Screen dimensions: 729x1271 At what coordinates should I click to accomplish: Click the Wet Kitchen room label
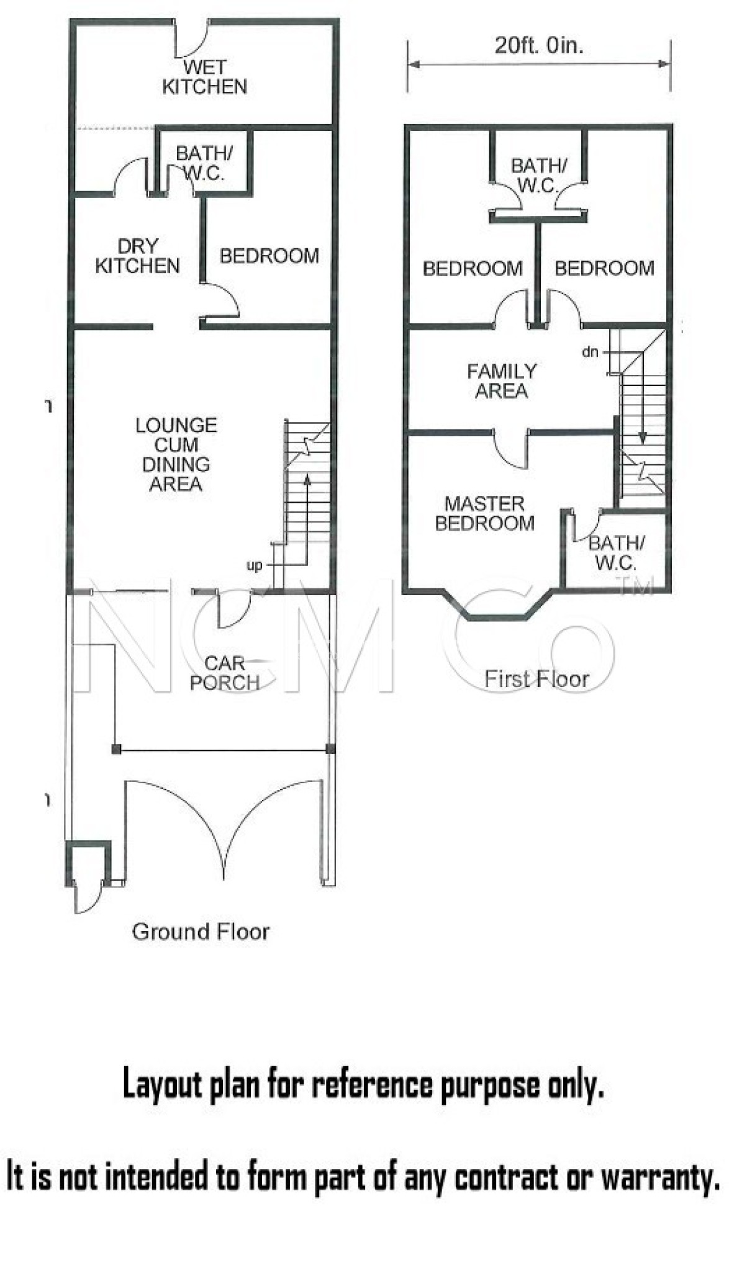(204, 77)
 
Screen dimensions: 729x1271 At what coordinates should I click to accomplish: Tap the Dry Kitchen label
(137, 256)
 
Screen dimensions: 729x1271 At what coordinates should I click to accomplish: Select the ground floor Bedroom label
(269, 256)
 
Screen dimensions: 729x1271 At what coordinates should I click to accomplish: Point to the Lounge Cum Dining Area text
(176, 454)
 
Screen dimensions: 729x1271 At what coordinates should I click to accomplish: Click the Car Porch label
(225, 673)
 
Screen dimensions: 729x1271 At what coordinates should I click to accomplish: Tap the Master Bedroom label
(484, 513)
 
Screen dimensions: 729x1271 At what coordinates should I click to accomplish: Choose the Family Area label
(502, 381)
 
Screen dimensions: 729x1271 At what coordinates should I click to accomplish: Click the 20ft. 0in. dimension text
(539, 45)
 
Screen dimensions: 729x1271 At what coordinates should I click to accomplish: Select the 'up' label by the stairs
(255, 566)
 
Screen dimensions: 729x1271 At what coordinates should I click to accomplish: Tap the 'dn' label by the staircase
(590, 352)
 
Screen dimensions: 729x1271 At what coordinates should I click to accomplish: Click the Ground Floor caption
(201, 932)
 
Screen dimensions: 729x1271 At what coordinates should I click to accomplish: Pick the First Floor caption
(537, 679)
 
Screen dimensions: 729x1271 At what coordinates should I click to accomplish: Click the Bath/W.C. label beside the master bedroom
(616, 553)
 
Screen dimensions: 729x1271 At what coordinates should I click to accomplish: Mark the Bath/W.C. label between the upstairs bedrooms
(538, 176)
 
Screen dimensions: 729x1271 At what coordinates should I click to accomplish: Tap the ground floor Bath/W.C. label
(204, 163)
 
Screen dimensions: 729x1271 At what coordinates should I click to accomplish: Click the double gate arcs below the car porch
(224, 825)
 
